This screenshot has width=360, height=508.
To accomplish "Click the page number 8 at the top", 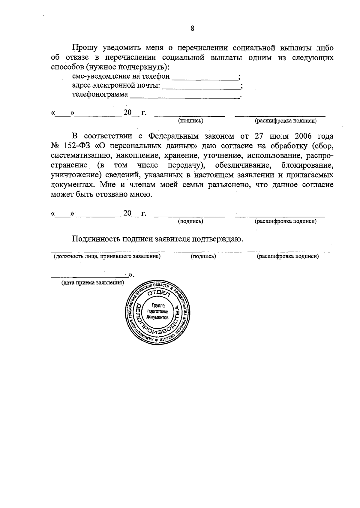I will [x=192, y=29].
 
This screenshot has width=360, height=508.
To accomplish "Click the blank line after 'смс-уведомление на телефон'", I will [x=206, y=79].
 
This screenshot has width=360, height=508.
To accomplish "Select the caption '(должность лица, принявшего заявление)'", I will [x=107, y=257].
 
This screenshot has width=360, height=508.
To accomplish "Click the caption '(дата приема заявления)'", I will [x=92, y=283].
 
